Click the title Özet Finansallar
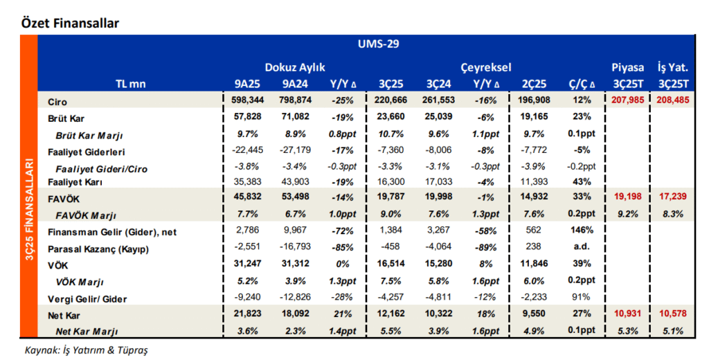pos(70,23)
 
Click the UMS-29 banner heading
pos(379,44)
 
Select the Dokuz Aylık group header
pos(295,67)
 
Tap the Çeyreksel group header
pos(485,67)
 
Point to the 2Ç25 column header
pos(534,84)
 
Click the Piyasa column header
pos(627,67)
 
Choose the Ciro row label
pos(57,102)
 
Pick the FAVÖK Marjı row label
pos(86,215)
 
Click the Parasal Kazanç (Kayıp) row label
pos(98,249)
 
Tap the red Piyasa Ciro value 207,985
pos(627,100)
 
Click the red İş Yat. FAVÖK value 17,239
pos(673,197)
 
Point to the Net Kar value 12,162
pos(391,313)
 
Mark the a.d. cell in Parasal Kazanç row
pos(582,247)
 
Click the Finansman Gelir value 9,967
pos(295,230)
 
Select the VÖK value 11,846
pos(534,263)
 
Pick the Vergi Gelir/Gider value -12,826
pos(295,297)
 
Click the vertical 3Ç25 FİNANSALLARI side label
pos(29,209)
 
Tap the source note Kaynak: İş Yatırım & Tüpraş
pos(86,350)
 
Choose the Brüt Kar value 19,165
pos(534,117)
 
